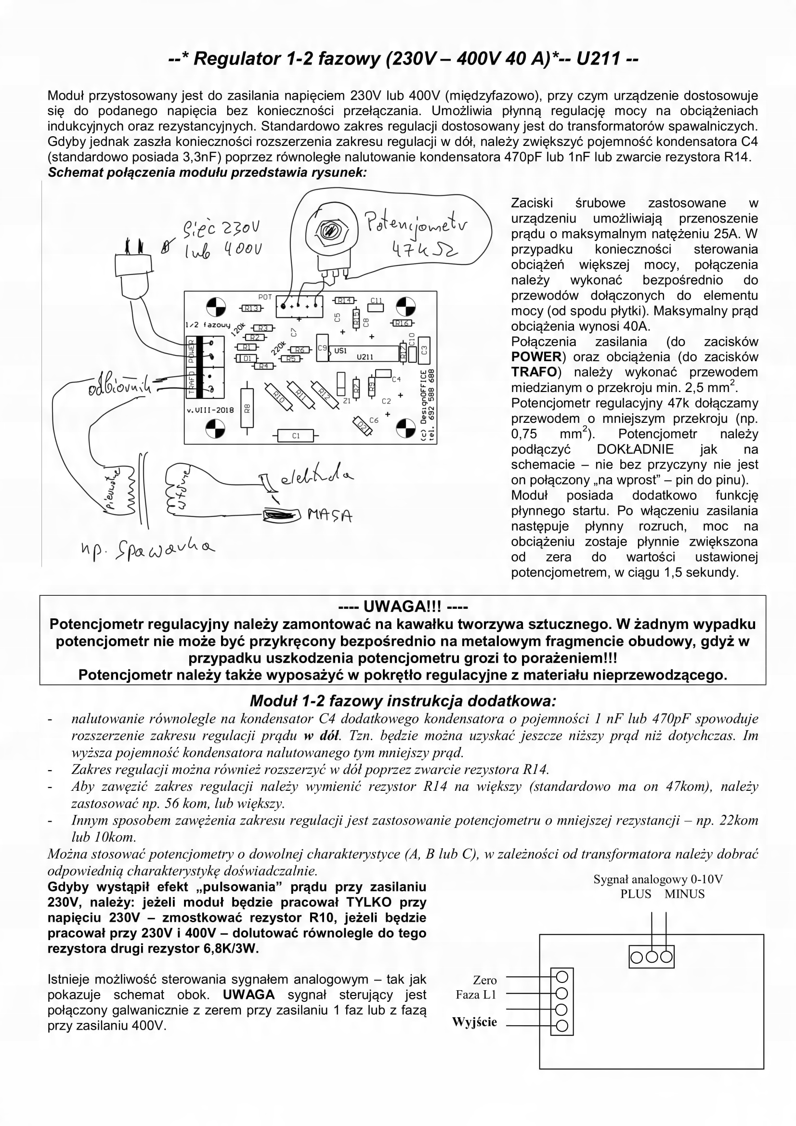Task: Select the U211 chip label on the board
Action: tap(365, 357)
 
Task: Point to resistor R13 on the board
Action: tap(251, 309)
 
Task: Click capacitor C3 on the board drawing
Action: tap(424, 350)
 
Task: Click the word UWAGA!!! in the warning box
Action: tap(402, 607)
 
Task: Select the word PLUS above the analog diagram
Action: tap(636, 893)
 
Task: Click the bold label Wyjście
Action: tap(474, 1022)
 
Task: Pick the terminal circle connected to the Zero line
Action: tap(562, 976)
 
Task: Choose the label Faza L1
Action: tap(476, 995)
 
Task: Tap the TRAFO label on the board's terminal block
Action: tap(191, 382)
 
